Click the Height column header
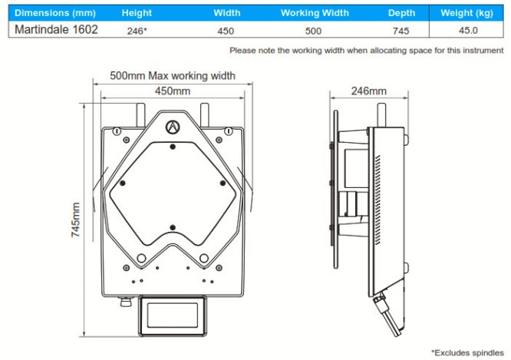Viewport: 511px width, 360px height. click(x=137, y=13)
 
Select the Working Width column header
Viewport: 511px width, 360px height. click(x=315, y=13)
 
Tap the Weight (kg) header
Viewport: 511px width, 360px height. click(x=466, y=13)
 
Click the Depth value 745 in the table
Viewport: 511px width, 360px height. click(x=401, y=31)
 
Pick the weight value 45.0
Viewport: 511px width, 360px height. click(x=468, y=31)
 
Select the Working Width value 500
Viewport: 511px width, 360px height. click(x=313, y=31)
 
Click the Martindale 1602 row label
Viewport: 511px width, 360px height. click(x=56, y=30)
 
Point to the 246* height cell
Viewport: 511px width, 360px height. click(x=137, y=31)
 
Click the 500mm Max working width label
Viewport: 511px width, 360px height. click(x=173, y=76)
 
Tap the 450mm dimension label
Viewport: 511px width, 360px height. click(x=173, y=91)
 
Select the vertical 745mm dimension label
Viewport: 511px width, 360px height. click(x=76, y=220)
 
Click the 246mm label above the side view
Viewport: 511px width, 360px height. click(x=368, y=91)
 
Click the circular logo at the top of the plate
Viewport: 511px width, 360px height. click(x=173, y=127)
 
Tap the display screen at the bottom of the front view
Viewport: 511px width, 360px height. click(x=173, y=315)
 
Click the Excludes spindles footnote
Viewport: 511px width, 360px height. click(x=467, y=353)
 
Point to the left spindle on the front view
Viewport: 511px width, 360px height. click(x=140, y=115)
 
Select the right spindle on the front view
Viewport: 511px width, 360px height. click(x=205, y=115)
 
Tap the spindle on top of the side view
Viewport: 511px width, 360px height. click(x=381, y=115)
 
